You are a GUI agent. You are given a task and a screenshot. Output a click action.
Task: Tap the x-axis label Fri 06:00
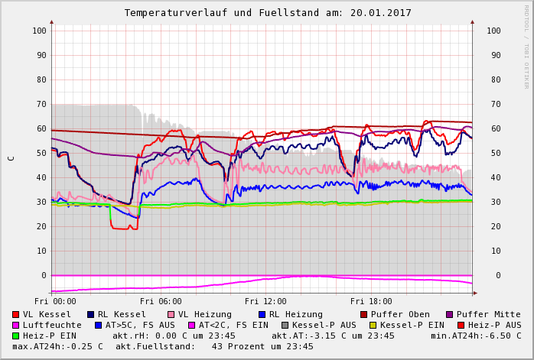point(161,302)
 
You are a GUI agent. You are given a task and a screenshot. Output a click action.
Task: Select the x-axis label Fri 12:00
point(265,302)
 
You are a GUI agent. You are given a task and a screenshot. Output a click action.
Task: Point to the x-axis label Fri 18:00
point(370,302)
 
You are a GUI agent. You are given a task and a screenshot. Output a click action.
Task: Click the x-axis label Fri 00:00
point(56,302)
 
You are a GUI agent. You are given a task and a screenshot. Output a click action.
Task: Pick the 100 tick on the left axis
point(39,31)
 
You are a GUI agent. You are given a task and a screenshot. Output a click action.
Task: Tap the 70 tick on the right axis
point(493,104)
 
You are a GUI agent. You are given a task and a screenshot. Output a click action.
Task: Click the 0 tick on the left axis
point(44,275)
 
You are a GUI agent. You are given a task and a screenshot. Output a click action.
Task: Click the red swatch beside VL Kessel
point(15,314)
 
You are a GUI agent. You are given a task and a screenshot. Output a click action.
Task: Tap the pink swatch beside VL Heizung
point(171,314)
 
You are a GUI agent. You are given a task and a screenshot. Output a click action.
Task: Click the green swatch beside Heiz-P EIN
point(15,336)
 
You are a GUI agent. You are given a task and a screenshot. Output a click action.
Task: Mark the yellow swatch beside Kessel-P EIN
point(373,325)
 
